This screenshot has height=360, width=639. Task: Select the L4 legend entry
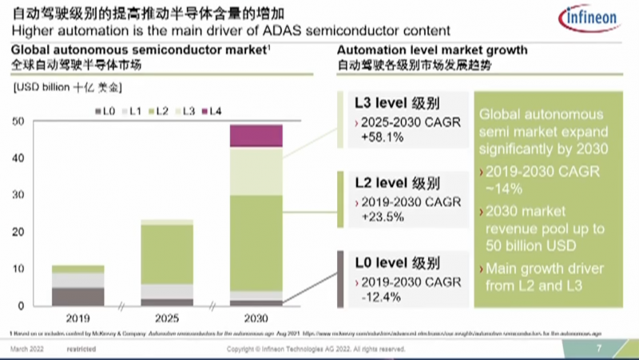click(x=212, y=109)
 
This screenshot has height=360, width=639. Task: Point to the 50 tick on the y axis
click(x=18, y=121)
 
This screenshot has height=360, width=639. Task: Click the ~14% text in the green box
click(x=506, y=188)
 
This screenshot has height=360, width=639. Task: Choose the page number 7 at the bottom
click(x=599, y=350)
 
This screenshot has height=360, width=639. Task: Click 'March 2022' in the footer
click(x=27, y=350)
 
